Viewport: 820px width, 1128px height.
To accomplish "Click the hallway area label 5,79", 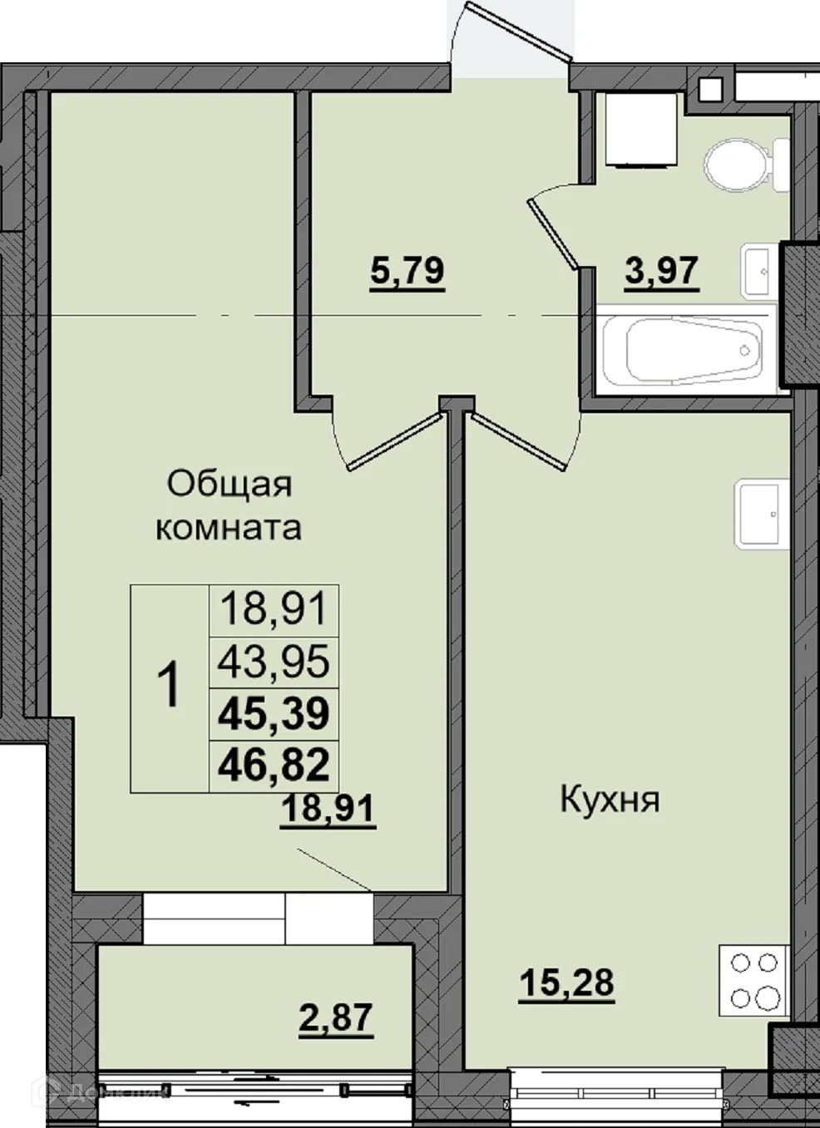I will (x=408, y=271).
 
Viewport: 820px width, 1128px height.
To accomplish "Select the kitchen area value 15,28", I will (x=566, y=983).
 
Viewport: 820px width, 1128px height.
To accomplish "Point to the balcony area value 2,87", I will (x=336, y=1017).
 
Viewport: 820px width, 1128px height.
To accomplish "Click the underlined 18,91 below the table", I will (x=328, y=808).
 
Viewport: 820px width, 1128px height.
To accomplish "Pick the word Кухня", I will (x=610, y=800).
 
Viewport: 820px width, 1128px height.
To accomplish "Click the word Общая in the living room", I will (x=230, y=484).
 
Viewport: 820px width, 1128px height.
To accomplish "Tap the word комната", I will (x=229, y=527).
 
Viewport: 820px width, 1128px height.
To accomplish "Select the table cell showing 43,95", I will (x=274, y=662).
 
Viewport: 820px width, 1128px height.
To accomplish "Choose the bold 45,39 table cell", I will (x=274, y=713).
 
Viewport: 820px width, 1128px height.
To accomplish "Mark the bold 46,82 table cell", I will (x=274, y=765).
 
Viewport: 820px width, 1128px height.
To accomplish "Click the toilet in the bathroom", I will (x=743, y=161).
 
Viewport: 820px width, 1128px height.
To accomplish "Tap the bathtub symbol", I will (x=692, y=349).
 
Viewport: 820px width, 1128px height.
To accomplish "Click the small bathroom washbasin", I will (x=759, y=269).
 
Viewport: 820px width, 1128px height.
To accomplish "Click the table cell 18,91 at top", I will (x=274, y=609).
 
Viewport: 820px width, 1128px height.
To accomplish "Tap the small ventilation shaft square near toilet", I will (x=710, y=88).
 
